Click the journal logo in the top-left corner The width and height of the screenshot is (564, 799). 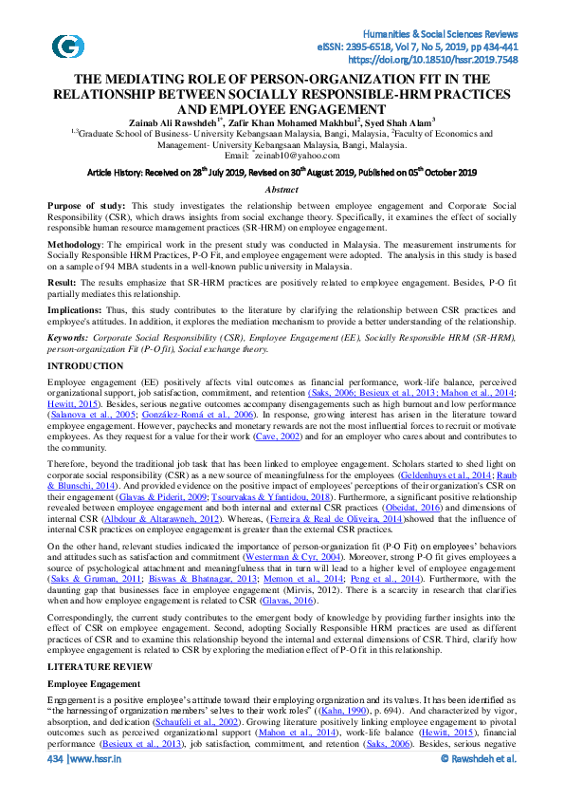(67, 47)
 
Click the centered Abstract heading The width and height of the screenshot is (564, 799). (282, 190)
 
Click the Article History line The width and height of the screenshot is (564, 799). (282, 173)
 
